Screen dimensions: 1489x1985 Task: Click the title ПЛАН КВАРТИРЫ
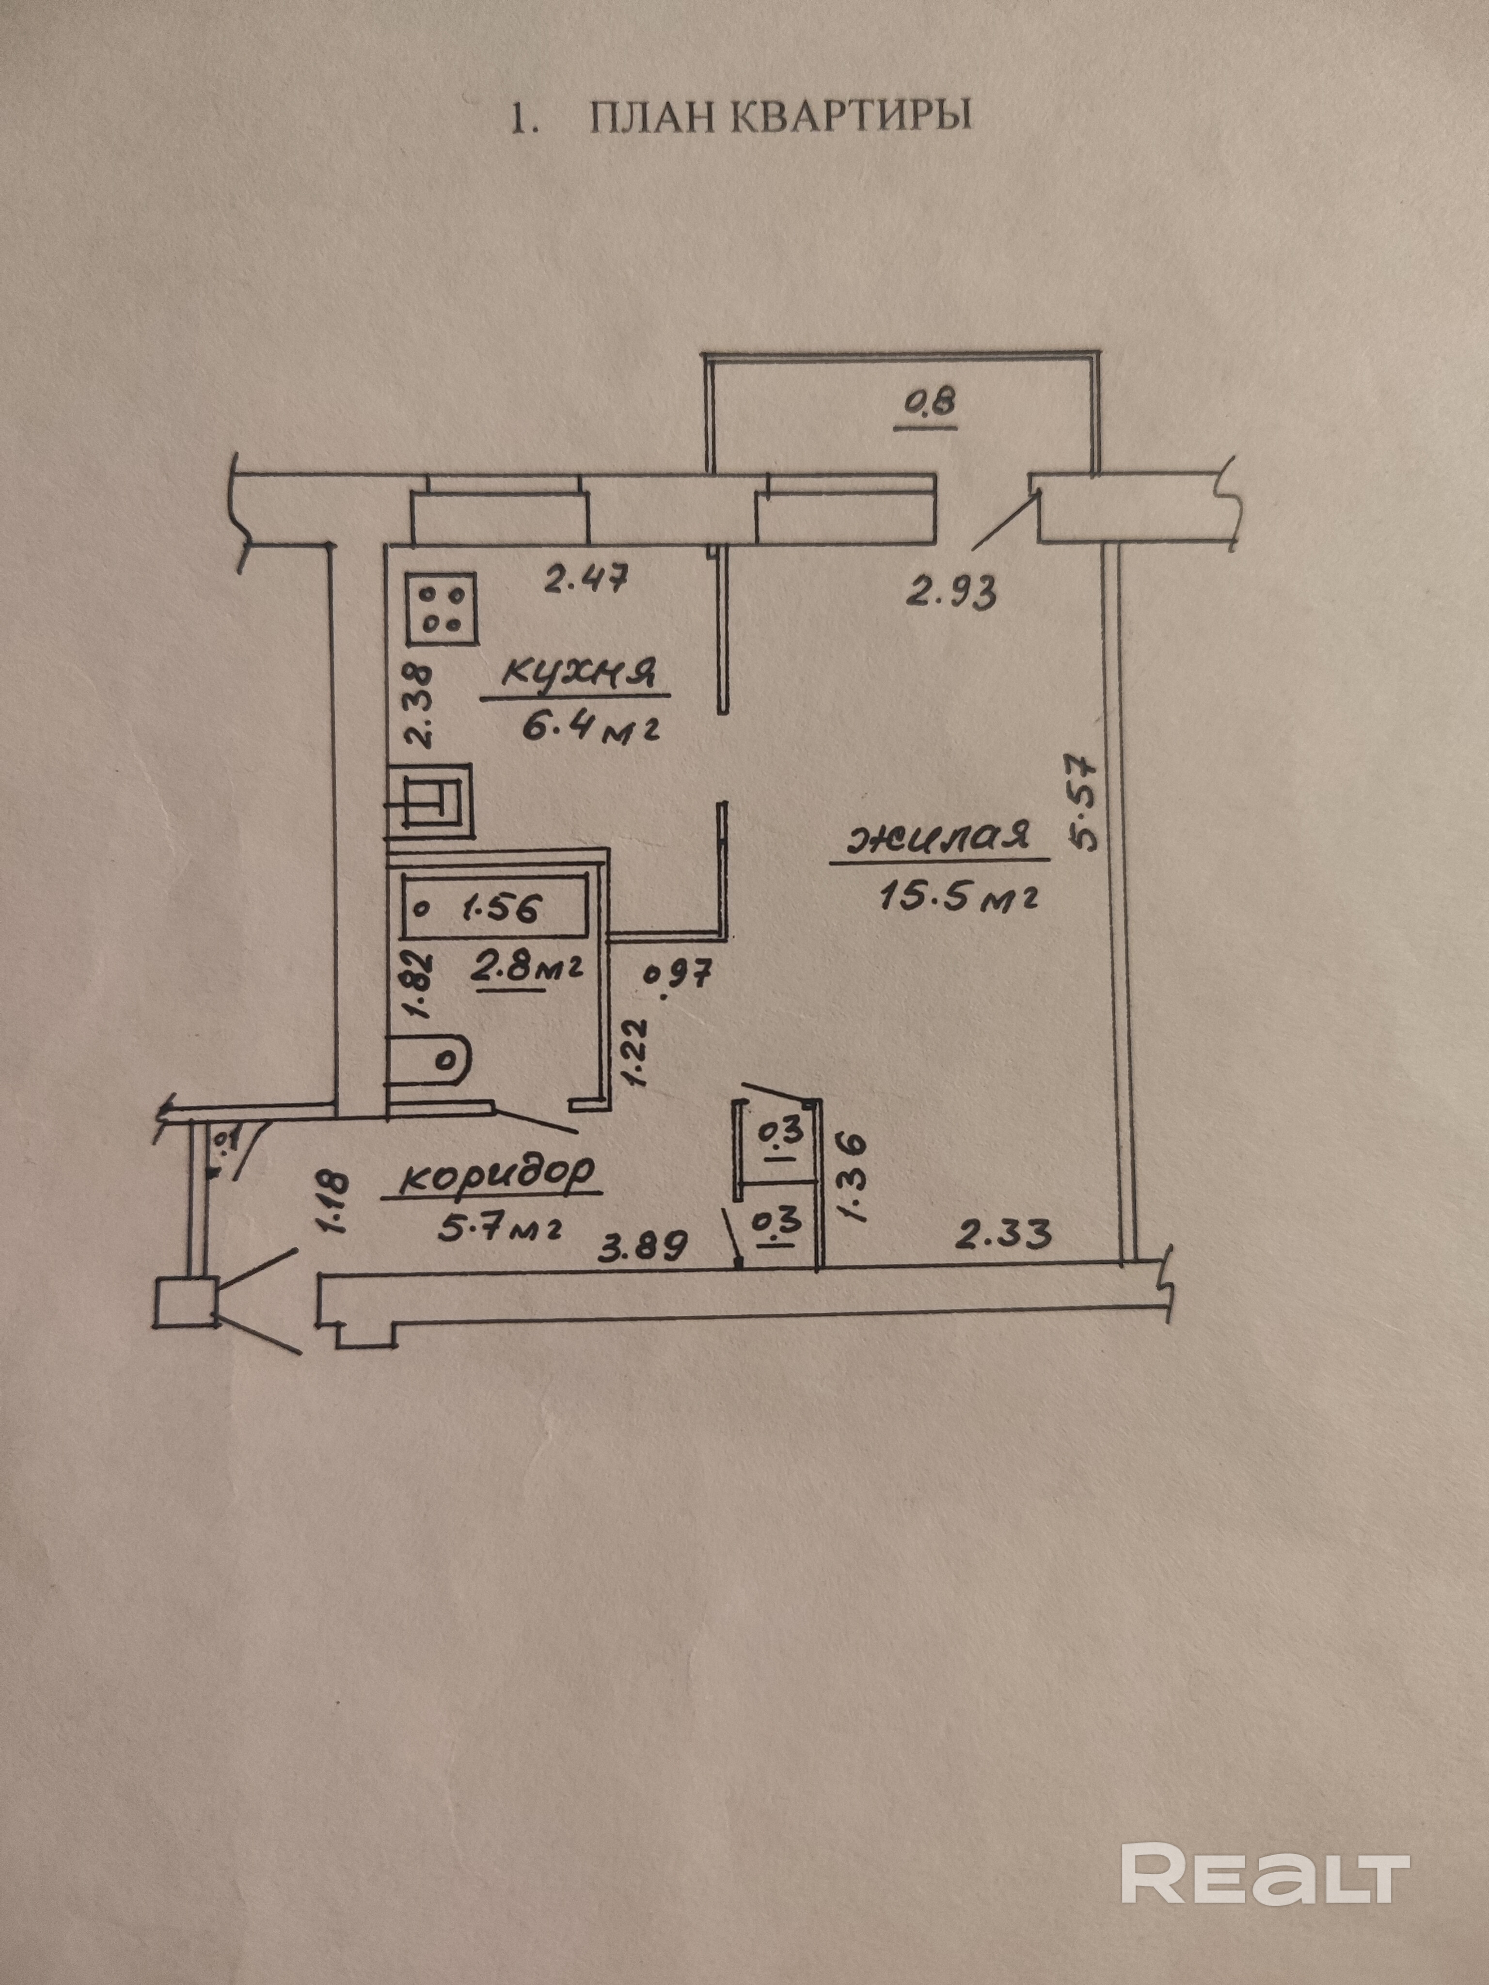click(741, 118)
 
